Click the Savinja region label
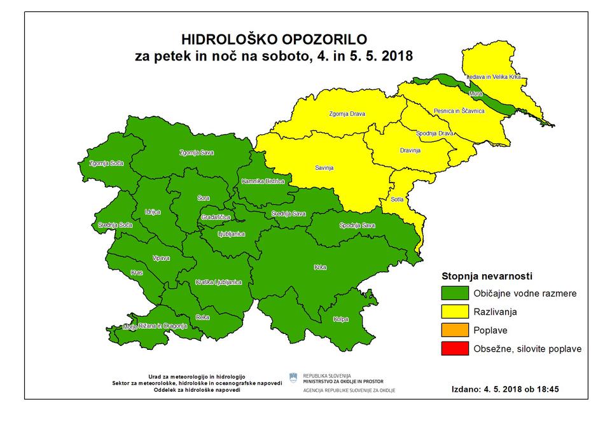[x=324, y=169]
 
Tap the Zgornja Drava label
[x=349, y=115]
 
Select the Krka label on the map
[x=320, y=267]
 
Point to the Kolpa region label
[x=340, y=319]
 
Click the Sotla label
[x=397, y=199]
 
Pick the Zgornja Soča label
[x=108, y=163]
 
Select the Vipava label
[x=161, y=258]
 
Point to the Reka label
[x=202, y=316]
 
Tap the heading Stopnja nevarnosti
[x=487, y=276]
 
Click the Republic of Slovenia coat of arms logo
[x=293, y=378]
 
